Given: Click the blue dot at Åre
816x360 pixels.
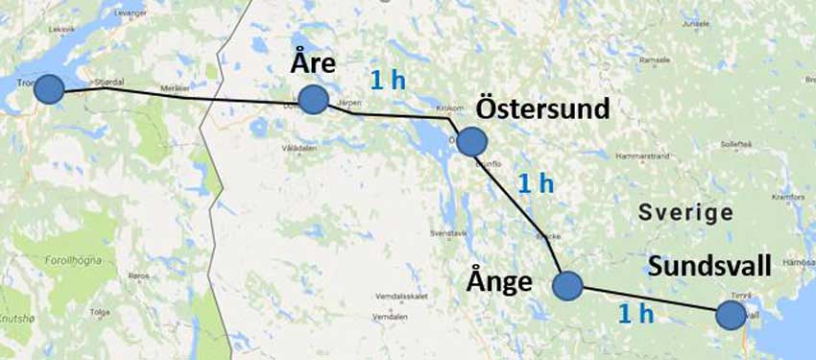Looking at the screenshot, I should (313, 99).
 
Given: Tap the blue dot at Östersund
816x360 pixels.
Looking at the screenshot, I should (471, 142).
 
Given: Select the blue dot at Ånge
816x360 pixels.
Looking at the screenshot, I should (567, 285).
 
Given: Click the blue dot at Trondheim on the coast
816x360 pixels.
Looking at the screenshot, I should (49, 89).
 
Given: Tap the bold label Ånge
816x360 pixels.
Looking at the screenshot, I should (499, 280).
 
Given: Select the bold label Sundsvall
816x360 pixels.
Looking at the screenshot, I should (708, 267).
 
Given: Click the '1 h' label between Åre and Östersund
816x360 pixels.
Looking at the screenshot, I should (388, 80).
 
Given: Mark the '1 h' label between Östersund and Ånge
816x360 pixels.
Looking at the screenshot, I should (535, 182).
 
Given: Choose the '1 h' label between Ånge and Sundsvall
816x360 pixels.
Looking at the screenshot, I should (636, 313).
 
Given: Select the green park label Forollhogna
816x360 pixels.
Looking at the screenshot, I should (78, 257).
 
